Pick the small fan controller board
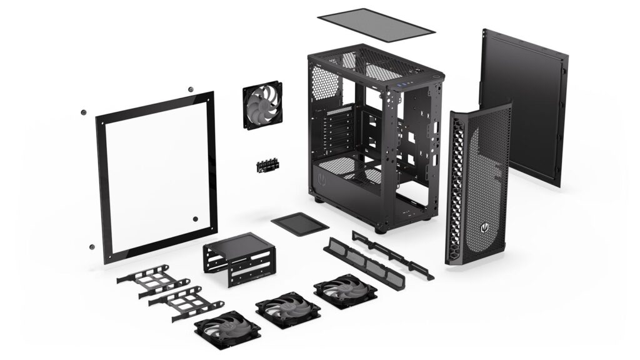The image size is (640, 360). click(267, 165)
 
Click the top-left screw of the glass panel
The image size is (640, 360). click(84, 113)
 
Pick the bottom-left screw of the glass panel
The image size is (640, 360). click(92, 247)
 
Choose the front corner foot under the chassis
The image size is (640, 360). click(379, 229)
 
